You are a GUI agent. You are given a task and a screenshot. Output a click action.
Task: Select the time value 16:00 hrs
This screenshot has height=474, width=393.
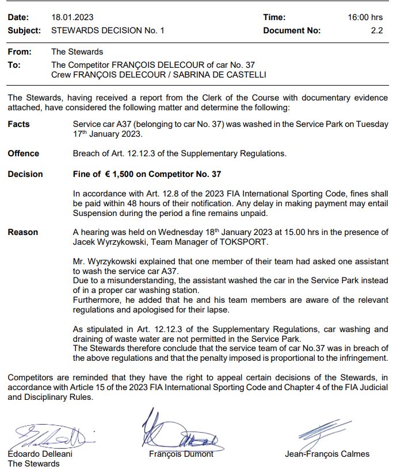tap(365, 18)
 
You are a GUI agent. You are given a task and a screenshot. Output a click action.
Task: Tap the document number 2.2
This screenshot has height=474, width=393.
tap(377, 30)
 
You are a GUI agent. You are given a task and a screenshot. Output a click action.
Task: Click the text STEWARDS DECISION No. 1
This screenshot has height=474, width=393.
tap(108, 30)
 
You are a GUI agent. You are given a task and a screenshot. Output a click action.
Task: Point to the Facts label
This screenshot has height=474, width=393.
tap(19, 124)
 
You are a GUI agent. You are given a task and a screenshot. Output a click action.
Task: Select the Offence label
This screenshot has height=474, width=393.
tap(24, 153)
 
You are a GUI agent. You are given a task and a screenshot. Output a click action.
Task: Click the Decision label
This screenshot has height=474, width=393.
tap(25, 174)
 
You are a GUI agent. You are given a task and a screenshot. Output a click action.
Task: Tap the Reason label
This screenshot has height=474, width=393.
tap(23, 232)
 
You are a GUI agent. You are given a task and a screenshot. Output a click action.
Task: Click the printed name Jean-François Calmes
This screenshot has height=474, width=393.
tap(327, 454)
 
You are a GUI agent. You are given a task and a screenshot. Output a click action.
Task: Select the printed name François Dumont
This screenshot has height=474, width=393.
tap(181, 454)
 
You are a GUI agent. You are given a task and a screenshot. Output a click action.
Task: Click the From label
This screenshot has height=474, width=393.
tap(20, 52)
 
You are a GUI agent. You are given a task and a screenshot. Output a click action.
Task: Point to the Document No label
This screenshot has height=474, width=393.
tap(292, 30)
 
